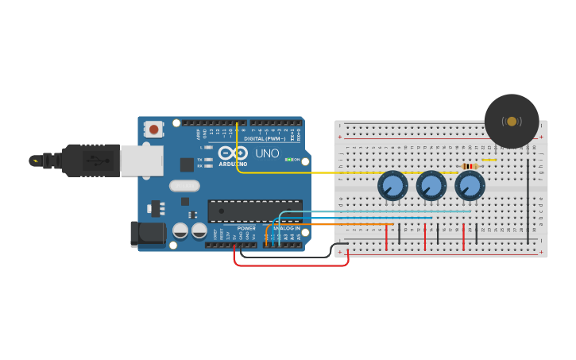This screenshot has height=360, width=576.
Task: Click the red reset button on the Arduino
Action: coord(153,128)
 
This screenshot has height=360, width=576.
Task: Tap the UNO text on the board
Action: coord(266,153)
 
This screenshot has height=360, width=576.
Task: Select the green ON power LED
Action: coord(289,160)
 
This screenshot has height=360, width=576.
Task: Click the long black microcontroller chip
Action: coord(254,211)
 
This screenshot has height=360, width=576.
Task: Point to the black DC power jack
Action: coord(147,234)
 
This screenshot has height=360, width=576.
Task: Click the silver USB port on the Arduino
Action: coord(141,160)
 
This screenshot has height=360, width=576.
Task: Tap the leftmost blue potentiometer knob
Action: coord(392,187)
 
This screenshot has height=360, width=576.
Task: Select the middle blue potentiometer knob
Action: coord(431,187)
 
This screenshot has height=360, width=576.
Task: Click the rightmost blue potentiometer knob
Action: coord(470,187)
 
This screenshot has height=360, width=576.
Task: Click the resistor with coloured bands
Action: coord(470,166)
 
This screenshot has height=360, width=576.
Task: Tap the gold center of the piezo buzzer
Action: coord(512,122)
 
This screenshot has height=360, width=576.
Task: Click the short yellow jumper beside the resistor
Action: coord(489,159)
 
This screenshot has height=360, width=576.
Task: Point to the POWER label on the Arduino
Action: coord(247,228)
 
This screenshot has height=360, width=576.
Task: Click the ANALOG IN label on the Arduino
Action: coord(287,228)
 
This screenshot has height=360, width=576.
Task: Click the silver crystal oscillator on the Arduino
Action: coord(184,186)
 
